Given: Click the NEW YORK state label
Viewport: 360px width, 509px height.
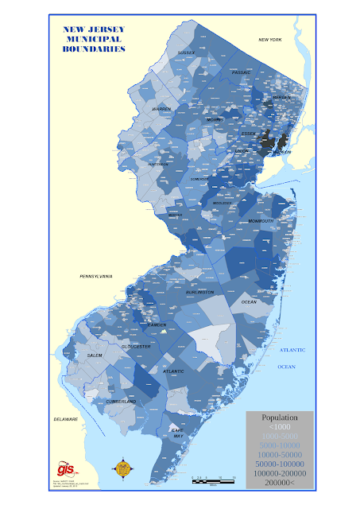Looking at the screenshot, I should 270,39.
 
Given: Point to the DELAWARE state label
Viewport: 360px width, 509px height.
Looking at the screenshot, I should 66,418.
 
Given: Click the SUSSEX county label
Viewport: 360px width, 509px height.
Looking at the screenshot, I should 186,52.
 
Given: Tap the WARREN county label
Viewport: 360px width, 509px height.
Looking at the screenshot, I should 161,108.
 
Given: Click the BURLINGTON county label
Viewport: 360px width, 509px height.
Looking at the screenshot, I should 200,293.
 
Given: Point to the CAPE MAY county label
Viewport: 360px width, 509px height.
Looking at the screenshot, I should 179,433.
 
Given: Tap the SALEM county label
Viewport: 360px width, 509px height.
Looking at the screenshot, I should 95,355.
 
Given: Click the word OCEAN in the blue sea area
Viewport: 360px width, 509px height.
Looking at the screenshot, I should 286,366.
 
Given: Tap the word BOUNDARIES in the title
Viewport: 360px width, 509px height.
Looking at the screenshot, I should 94,49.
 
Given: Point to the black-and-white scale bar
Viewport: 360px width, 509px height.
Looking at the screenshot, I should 213,480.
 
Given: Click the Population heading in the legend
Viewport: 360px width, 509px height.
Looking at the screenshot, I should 279,417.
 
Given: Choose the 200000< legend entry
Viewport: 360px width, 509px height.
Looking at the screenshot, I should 279,483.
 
